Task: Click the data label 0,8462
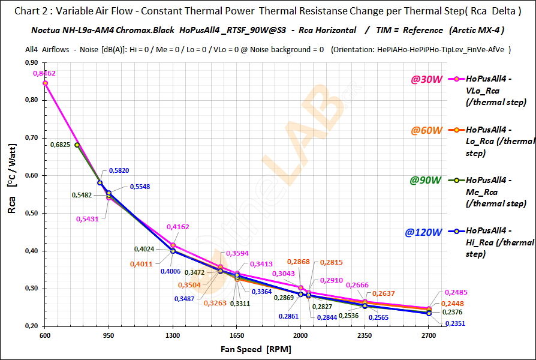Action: [45, 73]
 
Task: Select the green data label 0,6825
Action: [61, 145]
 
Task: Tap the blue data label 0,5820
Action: [120, 170]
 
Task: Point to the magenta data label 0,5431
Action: [86, 219]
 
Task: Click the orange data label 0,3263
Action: [215, 303]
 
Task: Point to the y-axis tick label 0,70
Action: [29, 138]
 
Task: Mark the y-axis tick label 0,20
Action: [29, 326]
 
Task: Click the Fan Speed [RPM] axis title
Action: [237, 349]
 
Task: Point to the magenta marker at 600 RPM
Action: [45, 83]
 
